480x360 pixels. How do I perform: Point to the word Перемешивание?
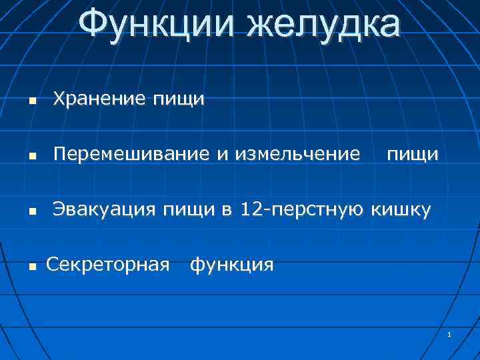132,155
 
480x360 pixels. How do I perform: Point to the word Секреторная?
107,265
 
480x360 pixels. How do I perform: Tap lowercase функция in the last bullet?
232,265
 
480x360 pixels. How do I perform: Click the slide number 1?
450,334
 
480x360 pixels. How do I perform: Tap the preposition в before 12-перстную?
227,211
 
